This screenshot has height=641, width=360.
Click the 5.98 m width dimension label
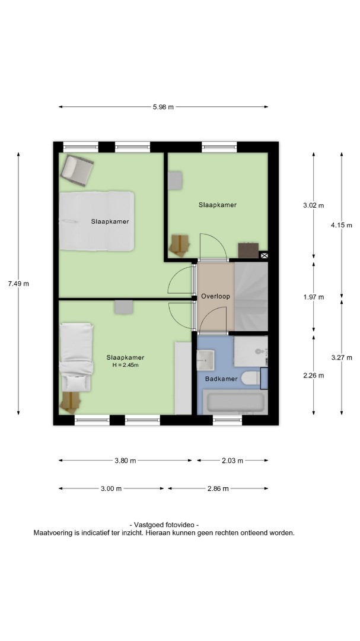click(x=163, y=107)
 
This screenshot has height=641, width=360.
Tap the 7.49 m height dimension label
click(x=18, y=283)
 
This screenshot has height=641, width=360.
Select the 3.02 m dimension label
click(x=313, y=205)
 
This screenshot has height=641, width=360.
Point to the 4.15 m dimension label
click(x=342, y=225)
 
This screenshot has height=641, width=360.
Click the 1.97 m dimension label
click(x=313, y=297)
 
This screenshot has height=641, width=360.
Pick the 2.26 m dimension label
click(x=313, y=375)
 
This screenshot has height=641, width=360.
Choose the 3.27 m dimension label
click(x=342, y=357)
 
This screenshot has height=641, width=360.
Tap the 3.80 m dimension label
click(x=126, y=461)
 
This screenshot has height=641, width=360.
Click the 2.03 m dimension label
click(x=232, y=461)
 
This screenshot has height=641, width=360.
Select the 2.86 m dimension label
click(x=218, y=488)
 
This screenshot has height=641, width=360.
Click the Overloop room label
click(x=215, y=296)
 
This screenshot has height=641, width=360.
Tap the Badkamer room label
click(x=221, y=379)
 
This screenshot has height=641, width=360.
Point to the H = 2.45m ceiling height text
click(x=126, y=365)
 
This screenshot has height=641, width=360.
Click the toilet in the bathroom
click(x=250, y=377)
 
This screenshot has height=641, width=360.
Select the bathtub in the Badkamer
click(x=235, y=402)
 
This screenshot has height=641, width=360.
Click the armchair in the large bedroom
click(x=77, y=171)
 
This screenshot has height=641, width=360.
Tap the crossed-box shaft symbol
click(x=264, y=256)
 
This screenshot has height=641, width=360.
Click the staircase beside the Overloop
click(x=251, y=296)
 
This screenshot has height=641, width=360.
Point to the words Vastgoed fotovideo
click(x=164, y=525)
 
